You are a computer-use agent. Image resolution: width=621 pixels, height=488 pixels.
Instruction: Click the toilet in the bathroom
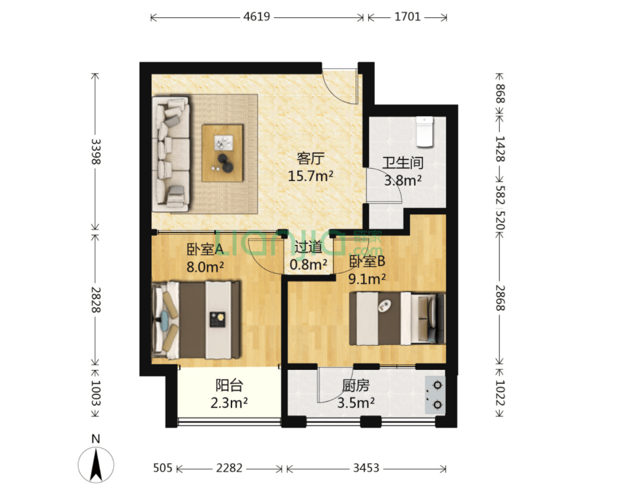[x=425, y=132]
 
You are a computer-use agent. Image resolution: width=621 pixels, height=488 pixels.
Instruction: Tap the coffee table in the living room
[x=222, y=153]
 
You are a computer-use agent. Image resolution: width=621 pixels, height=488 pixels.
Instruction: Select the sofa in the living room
[x=172, y=154]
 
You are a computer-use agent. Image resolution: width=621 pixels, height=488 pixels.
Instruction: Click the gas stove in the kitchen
[x=435, y=395]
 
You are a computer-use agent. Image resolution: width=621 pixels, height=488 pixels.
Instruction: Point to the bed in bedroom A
[x=196, y=319]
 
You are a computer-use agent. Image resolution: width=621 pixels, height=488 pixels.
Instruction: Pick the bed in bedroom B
[x=397, y=319]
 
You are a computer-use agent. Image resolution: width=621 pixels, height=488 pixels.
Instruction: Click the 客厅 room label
[x=310, y=158]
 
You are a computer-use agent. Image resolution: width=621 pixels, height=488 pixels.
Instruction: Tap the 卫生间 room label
[x=403, y=162]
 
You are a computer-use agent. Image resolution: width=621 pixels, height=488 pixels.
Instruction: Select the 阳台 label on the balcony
[x=229, y=385]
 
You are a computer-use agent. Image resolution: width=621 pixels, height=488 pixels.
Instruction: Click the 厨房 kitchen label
[x=356, y=385]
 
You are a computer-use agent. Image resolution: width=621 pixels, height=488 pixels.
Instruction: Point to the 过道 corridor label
[x=308, y=247]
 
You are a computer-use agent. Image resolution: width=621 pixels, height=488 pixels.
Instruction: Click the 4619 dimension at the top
[x=257, y=17]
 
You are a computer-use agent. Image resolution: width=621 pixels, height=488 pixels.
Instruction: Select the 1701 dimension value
[x=407, y=17]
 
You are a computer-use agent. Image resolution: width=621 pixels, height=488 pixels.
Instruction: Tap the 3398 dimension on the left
[x=96, y=151]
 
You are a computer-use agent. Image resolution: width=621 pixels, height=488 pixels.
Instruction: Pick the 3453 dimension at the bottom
[x=366, y=468]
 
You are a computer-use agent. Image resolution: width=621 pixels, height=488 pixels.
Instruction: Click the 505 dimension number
[x=162, y=468]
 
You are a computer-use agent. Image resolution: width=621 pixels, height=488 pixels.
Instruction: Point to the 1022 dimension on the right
[x=500, y=393]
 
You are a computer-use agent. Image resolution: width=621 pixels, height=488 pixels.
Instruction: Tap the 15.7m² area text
[x=310, y=175]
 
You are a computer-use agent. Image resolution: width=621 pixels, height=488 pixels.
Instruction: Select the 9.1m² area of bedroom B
[x=367, y=279]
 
